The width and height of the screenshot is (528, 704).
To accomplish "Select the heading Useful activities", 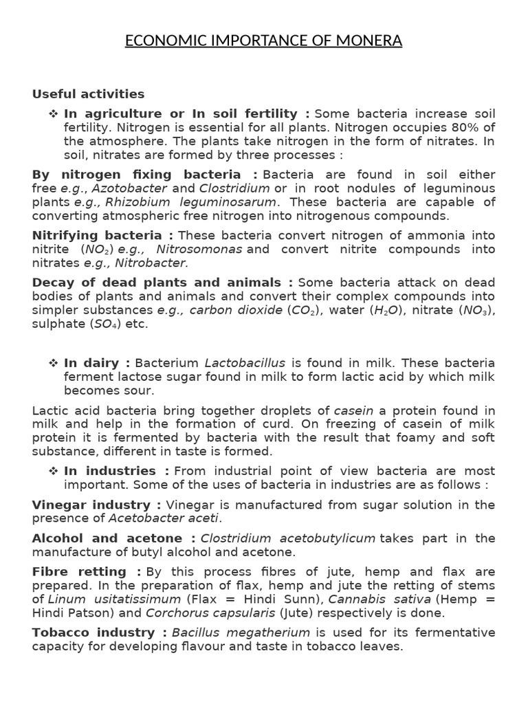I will (x=88, y=94).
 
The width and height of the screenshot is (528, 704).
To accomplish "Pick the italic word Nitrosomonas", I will (x=199, y=249).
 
